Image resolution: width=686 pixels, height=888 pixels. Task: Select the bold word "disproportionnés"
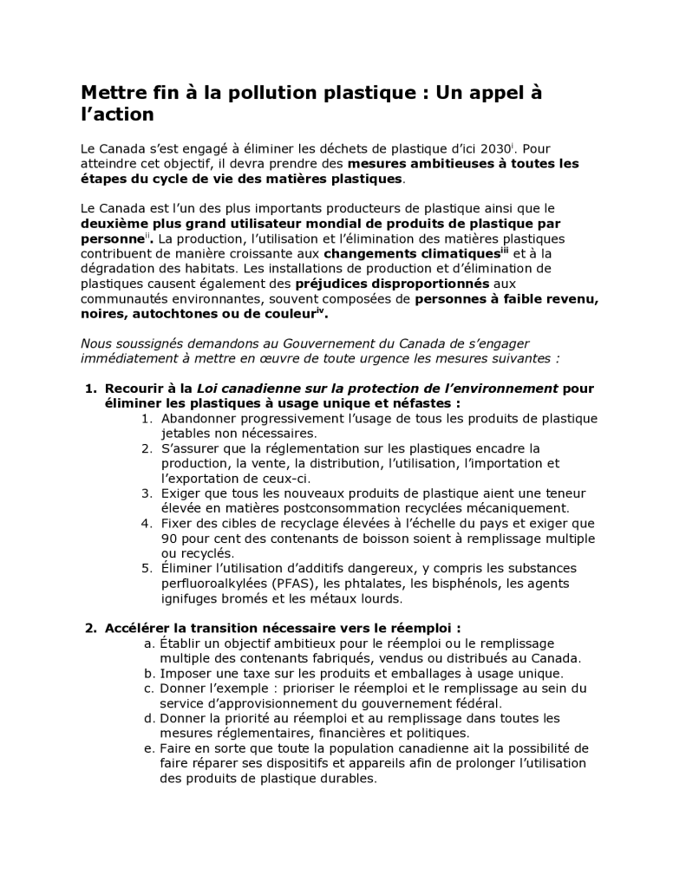[x=392, y=283]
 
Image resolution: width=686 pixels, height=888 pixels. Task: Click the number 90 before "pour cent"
[x=169, y=538]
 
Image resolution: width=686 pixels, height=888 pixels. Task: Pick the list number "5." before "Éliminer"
[x=147, y=568]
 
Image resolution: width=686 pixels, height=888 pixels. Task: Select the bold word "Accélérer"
[x=139, y=628]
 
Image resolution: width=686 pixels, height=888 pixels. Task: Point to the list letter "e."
[x=149, y=748]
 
